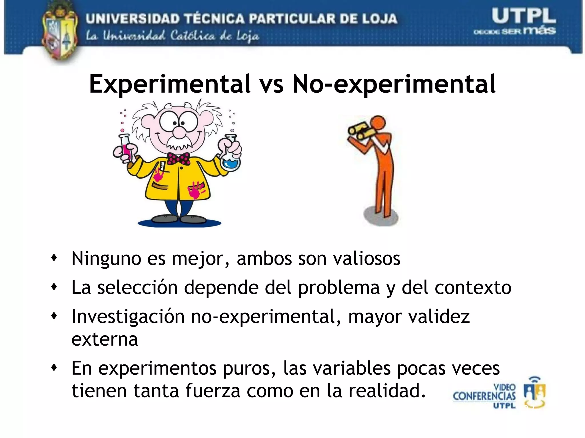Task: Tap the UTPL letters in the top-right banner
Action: tap(524, 16)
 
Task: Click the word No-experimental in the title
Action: tap(394, 85)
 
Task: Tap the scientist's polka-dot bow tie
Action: tap(179, 159)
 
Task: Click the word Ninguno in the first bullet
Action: tap(106, 259)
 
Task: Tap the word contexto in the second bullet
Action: tap(473, 287)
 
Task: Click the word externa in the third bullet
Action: tap(105, 339)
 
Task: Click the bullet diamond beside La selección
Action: tap(54, 287)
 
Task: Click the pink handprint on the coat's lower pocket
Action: tap(196, 190)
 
